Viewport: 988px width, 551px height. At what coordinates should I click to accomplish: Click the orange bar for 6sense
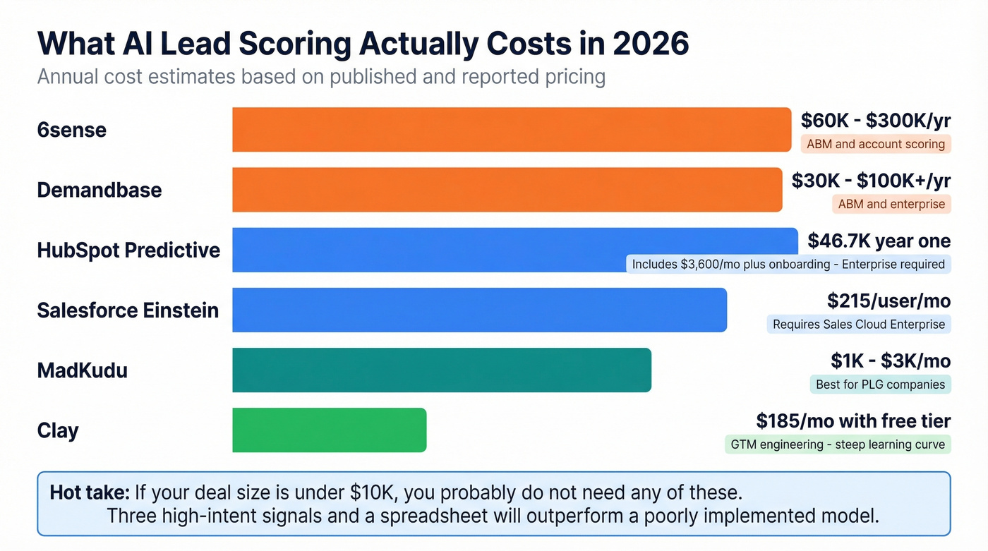pyautogui.click(x=512, y=130)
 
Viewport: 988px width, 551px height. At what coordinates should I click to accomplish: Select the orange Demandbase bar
pyautogui.click(x=507, y=190)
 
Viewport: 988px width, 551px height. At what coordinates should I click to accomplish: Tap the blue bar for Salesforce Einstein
pyautogui.click(x=479, y=310)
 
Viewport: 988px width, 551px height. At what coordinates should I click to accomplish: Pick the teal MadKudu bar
pyautogui.click(x=441, y=370)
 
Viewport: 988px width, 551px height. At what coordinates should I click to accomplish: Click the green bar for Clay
pyautogui.click(x=329, y=430)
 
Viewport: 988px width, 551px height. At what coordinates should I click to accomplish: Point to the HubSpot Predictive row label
pyautogui.click(x=128, y=250)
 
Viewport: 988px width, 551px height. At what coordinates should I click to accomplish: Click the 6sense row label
pyautogui.click(x=71, y=130)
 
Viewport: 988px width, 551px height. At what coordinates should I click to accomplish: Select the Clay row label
pyautogui.click(x=58, y=430)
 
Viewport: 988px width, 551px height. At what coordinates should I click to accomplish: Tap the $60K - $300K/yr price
pyautogui.click(x=875, y=121)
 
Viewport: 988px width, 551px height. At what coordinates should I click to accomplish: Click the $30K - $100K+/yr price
pyautogui.click(x=871, y=181)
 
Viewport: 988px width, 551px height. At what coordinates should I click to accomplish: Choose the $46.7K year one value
pyautogui.click(x=879, y=241)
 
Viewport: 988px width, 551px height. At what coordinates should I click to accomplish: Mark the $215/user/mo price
pyautogui.click(x=888, y=301)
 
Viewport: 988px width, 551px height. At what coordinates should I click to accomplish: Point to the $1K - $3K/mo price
pyautogui.click(x=891, y=361)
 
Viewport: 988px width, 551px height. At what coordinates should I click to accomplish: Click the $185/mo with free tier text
pyautogui.click(x=853, y=421)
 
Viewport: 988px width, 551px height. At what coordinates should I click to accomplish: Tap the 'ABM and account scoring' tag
pyautogui.click(x=875, y=144)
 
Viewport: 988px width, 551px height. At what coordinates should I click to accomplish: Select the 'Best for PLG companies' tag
pyautogui.click(x=880, y=385)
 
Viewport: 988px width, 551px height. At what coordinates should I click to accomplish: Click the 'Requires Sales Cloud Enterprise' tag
pyautogui.click(x=858, y=325)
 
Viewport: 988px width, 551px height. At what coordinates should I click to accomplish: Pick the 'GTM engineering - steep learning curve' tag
pyautogui.click(x=838, y=444)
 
